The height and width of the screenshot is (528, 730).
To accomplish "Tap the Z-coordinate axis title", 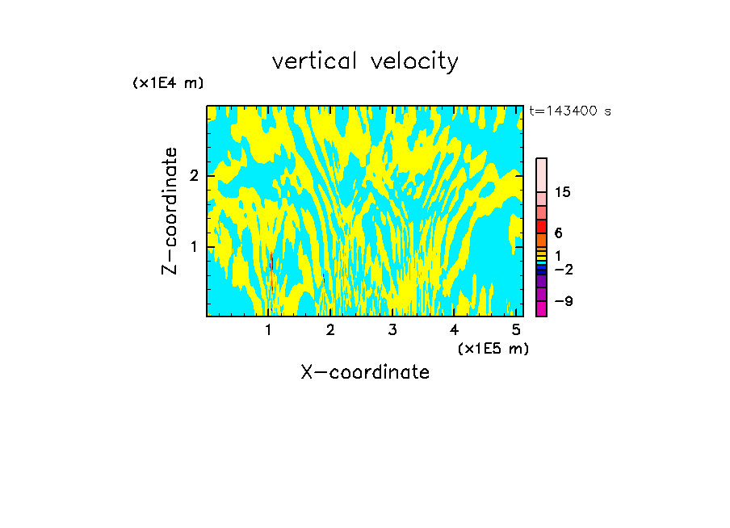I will coord(170,211).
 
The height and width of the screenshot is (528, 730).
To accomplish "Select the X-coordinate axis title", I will coord(365,372).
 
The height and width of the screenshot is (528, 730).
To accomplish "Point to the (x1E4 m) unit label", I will coord(168,83).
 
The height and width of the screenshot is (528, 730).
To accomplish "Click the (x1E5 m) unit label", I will coord(493,348).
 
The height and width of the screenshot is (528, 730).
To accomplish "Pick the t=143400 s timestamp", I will coord(570,111).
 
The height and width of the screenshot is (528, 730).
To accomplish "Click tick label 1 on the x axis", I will coord(269,329).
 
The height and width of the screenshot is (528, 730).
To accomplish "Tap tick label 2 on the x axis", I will coord(330,329).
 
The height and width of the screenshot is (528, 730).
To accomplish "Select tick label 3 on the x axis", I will coord(392,329).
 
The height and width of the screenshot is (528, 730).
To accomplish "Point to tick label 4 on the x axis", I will coord(454,329).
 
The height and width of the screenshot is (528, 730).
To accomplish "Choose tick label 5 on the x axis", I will coord(516,329).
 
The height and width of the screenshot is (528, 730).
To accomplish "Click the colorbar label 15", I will coord(564,192).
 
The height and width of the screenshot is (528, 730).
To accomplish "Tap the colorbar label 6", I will coord(558,233).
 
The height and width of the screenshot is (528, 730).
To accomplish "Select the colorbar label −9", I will coord(564,302).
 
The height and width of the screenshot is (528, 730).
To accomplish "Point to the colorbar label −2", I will coord(564,269).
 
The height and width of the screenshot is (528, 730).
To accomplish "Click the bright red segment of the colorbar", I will coord(542,227).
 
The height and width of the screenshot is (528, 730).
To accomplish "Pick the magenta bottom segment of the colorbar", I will coord(542,308).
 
